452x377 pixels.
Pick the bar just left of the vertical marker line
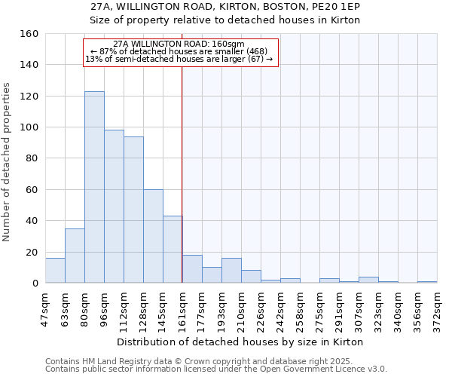173,250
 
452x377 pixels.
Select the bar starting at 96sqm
114,207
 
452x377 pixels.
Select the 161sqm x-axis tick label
183,305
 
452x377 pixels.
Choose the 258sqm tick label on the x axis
301,305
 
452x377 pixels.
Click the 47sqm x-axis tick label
46,305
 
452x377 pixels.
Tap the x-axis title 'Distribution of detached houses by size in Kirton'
241,342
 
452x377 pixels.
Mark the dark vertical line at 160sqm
182,173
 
